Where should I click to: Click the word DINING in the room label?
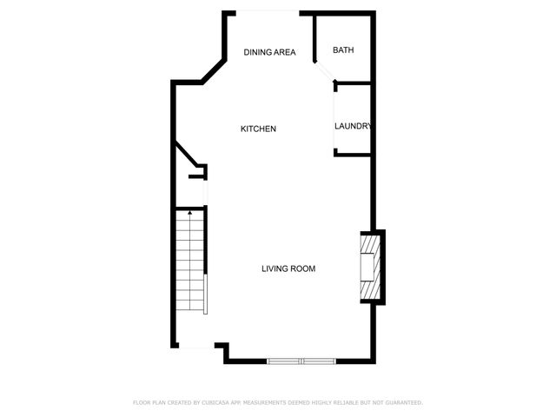[x=258, y=52]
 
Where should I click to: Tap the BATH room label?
[x=343, y=50]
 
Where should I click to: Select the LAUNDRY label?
[x=354, y=126]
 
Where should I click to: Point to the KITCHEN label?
[x=258, y=129]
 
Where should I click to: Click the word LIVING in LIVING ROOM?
[x=275, y=268]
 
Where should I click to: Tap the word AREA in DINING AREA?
[x=285, y=52]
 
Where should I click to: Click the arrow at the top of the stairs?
[x=190, y=211]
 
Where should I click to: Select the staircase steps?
[x=189, y=261]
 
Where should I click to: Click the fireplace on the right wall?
[x=373, y=266]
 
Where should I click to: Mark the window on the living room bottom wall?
[x=301, y=361]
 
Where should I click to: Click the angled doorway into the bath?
[x=323, y=72]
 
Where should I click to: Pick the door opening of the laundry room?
[x=334, y=118]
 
